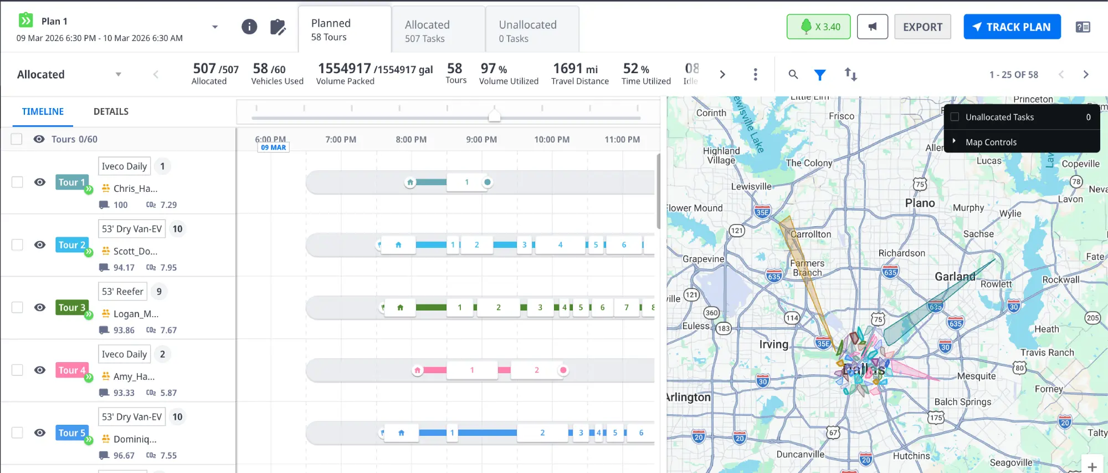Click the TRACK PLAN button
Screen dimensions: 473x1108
point(1012,27)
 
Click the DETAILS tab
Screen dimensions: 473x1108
point(111,111)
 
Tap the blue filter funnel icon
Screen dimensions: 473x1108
point(820,74)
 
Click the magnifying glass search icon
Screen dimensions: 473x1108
point(793,74)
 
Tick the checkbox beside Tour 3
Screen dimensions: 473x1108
point(17,307)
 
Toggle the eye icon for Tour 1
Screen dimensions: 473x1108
point(39,182)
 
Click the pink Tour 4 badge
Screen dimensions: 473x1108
point(71,370)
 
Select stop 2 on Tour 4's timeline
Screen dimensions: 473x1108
point(536,370)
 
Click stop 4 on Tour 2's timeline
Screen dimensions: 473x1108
point(560,245)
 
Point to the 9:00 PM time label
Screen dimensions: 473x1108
point(481,140)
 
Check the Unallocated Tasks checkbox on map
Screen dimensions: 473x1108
point(955,117)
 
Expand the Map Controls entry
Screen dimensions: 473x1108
point(991,142)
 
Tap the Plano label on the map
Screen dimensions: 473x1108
point(920,203)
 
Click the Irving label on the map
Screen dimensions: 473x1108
point(773,344)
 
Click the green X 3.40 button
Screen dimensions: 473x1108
point(818,27)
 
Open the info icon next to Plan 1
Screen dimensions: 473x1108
point(249,27)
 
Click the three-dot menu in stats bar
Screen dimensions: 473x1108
point(755,74)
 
